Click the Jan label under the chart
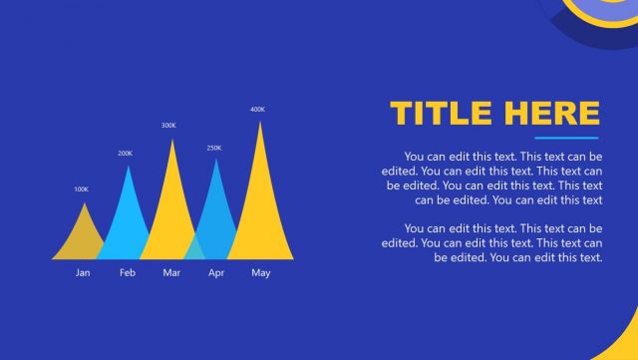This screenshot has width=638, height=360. tap(83, 273)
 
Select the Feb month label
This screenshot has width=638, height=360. tap(128, 273)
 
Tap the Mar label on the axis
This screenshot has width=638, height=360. tap(171, 273)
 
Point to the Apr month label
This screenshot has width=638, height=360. tap(216, 273)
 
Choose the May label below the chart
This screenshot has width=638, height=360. tap(260, 273)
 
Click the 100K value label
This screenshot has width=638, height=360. tap(82, 189)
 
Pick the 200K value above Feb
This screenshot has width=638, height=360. tap(125, 154)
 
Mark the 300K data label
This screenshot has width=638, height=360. tap(168, 126)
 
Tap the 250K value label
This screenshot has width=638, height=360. tap(214, 148)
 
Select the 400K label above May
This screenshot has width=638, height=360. tap(257, 109)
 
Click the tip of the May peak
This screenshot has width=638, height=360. tap(260, 123)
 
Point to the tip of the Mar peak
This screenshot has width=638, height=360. tap(172, 141)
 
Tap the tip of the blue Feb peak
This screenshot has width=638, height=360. tap(128, 167)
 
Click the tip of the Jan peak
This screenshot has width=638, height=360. tap(84, 204)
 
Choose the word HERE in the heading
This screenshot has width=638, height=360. tap(551, 113)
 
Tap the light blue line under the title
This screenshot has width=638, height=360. tap(566, 138)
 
